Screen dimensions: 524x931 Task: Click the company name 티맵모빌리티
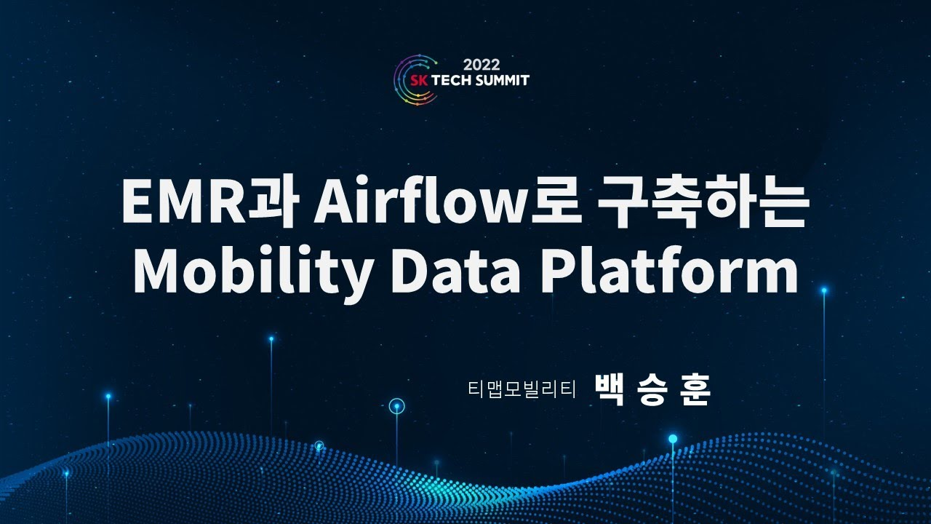pos(522,391)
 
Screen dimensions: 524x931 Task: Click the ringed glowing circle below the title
pos(396,406)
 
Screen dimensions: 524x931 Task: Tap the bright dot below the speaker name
pos(673,438)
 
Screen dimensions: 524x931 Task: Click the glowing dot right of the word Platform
pos(824,290)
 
